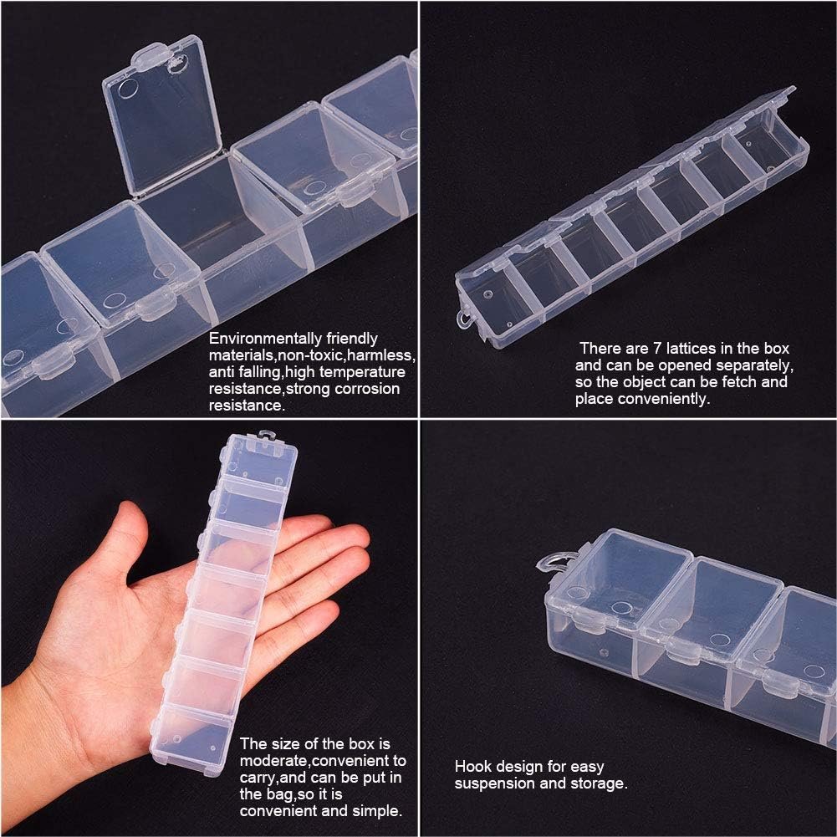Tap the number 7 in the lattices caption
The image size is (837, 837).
click(x=657, y=349)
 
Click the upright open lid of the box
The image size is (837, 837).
click(x=161, y=115)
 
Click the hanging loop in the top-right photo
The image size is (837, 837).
click(x=464, y=319)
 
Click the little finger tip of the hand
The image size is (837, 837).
click(x=330, y=614)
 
